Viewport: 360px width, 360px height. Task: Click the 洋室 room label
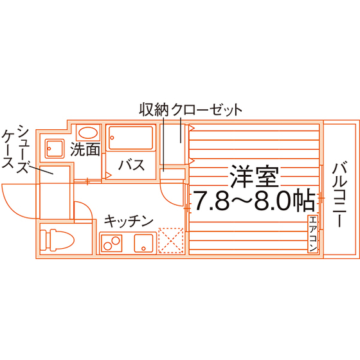[255, 176]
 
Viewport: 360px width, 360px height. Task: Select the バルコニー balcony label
[339, 195]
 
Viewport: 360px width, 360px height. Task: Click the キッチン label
[129, 221]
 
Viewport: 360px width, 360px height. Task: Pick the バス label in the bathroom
[132, 165]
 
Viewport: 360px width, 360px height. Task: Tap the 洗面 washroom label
[85, 149]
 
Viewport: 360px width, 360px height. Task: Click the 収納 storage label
[154, 109]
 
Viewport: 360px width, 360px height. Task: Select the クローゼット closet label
[206, 110]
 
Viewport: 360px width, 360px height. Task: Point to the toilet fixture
[57, 240]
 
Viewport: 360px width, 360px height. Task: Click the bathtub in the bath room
[131, 138]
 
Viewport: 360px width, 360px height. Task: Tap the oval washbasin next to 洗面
[88, 132]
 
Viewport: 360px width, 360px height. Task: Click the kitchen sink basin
[144, 243]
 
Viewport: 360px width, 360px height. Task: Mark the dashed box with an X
[171, 240]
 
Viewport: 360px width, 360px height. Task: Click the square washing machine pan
[55, 148]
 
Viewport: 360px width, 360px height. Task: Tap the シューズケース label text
[16, 149]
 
